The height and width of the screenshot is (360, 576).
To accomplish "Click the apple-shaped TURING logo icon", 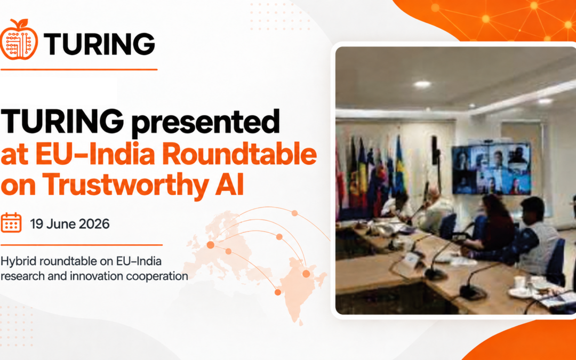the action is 19,39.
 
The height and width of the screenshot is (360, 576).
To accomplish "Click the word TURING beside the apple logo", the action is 99,44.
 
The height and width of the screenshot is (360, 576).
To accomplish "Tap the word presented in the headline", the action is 205,121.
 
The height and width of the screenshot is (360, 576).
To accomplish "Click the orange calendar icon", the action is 11,222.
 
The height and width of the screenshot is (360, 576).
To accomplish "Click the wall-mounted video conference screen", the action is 492,168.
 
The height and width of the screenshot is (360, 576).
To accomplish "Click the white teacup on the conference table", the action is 520,282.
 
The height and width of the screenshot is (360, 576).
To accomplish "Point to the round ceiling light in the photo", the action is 422,84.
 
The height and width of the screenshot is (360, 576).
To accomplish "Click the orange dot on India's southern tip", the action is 278,292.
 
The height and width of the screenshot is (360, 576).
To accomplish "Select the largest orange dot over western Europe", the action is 211,245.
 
